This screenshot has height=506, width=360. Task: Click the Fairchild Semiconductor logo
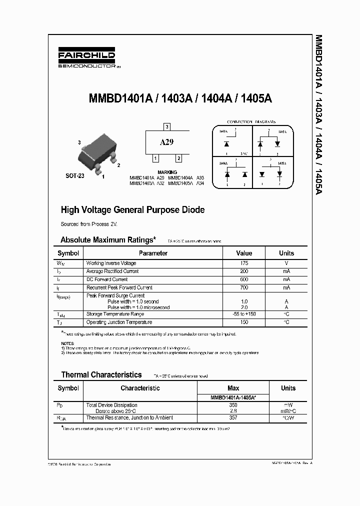[86, 59]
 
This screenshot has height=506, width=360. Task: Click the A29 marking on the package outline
[166, 142]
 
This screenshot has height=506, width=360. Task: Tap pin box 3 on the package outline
[167, 126]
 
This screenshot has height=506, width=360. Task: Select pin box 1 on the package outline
[155, 158]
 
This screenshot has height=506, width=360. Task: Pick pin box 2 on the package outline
[178, 158]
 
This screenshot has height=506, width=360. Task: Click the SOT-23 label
[75, 176]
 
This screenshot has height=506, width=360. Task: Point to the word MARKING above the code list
[167, 172]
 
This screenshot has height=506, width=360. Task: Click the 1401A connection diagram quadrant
[231, 142]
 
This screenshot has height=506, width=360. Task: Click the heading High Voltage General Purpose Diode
[132, 210]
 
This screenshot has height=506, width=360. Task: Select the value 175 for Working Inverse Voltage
[244, 263]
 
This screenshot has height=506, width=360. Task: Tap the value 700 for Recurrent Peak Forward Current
[244, 287]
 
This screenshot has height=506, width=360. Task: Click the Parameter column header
[153, 253]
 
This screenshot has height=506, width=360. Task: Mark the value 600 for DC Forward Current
[244, 279]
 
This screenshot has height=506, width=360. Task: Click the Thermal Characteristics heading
[101, 374]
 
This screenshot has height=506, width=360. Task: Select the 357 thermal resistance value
[233, 417]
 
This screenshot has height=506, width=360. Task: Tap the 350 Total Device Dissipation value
[233, 405]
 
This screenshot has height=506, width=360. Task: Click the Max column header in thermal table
[233, 388]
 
